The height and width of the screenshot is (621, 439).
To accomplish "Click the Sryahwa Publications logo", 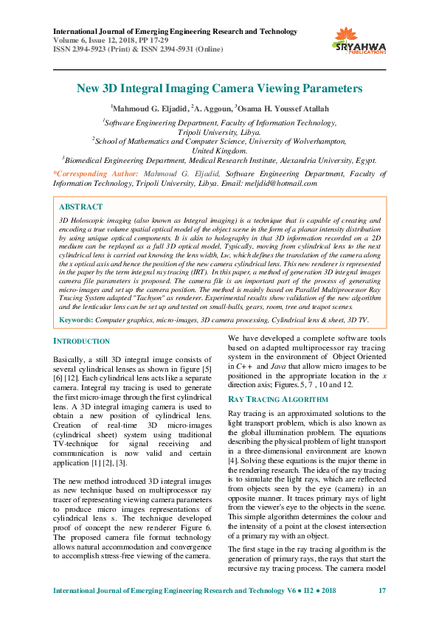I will point(361,41).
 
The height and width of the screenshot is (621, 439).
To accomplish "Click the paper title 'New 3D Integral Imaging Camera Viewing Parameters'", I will point(219,89).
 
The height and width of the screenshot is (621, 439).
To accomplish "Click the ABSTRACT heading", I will point(80,207).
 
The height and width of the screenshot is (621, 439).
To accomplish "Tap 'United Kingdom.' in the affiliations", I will point(219,150).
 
